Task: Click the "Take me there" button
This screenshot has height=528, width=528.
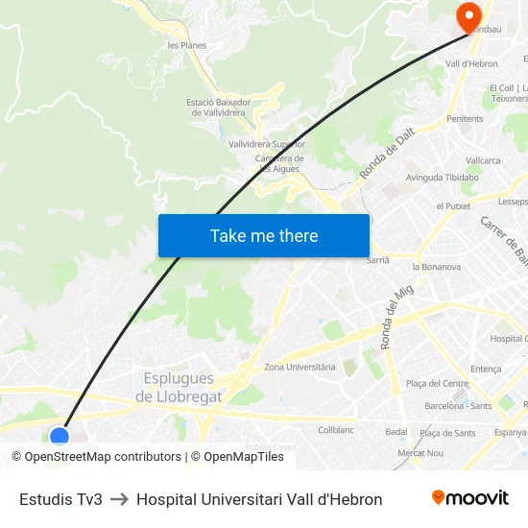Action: [x=264, y=236]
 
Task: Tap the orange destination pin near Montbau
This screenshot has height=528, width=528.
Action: [x=468, y=16]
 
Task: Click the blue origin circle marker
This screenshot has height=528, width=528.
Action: [x=60, y=437]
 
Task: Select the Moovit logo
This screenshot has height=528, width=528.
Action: [x=469, y=498]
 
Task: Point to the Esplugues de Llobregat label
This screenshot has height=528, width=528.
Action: [x=179, y=387]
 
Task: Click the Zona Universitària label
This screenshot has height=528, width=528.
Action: [x=300, y=367]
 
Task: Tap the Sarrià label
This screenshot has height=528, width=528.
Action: [x=377, y=259]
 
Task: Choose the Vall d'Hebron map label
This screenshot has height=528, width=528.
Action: [x=471, y=63]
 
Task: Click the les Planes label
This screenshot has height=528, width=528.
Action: [x=186, y=45]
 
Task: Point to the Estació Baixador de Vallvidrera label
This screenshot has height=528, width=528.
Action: [x=218, y=108]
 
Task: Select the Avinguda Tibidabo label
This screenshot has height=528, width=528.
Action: [x=442, y=178]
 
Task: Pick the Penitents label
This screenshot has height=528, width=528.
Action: [x=465, y=119]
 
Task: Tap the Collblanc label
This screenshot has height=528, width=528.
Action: [x=336, y=430]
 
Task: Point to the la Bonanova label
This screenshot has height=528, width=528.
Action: [x=436, y=267]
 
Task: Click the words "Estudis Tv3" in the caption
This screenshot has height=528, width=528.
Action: [x=60, y=499]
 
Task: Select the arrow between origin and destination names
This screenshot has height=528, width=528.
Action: [x=119, y=499]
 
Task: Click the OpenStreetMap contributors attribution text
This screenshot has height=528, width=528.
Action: [x=102, y=457]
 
